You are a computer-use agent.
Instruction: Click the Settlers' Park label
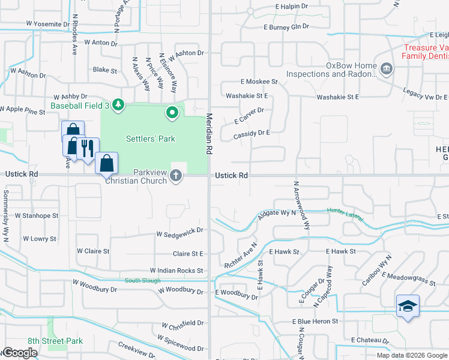tap(150, 139)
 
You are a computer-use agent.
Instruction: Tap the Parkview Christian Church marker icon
tap(176, 175)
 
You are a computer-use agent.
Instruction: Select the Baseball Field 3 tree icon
tap(119, 106)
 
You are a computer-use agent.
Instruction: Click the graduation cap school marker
tap(408, 306)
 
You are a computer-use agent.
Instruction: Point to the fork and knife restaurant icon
tap(88, 148)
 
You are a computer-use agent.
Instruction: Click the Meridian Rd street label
tap(210, 135)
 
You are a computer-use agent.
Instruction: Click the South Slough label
tap(140, 281)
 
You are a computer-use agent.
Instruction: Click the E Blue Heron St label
tap(316, 322)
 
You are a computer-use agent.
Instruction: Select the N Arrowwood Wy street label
tap(301, 206)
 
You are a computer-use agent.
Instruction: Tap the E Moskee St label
tap(259, 81)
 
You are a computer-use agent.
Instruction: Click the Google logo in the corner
tap(19, 353)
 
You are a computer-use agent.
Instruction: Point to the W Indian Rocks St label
tap(176, 271)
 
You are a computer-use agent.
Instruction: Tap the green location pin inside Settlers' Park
tap(172, 112)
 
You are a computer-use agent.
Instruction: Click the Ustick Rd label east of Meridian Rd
tap(232, 175)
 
